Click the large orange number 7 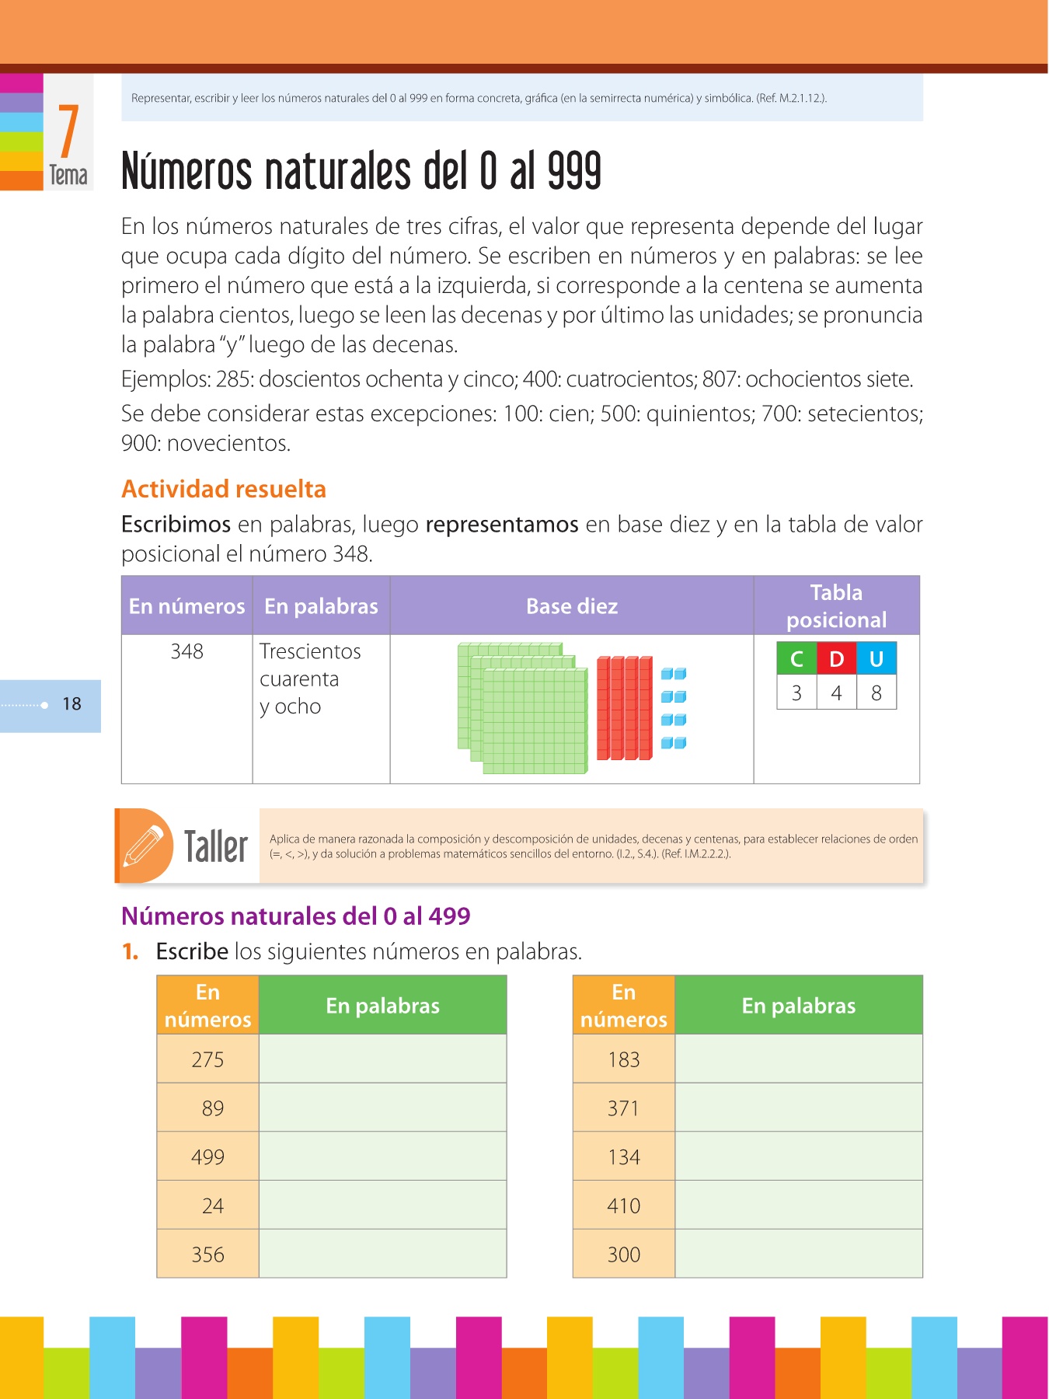click(68, 131)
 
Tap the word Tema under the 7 click(68, 176)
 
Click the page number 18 click(71, 704)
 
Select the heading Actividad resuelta click(224, 489)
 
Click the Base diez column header click(572, 606)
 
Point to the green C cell click(796, 659)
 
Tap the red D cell click(836, 659)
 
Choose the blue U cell click(876, 659)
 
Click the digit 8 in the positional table click(876, 693)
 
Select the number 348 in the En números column click(187, 651)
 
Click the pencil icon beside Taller click(145, 846)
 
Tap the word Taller click(215, 846)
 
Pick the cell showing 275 click(207, 1059)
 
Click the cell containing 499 click(207, 1157)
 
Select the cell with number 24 click(212, 1205)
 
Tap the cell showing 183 click(624, 1059)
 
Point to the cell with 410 click(624, 1205)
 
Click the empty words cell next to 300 click(799, 1254)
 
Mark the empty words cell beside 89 click(382, 1108)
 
